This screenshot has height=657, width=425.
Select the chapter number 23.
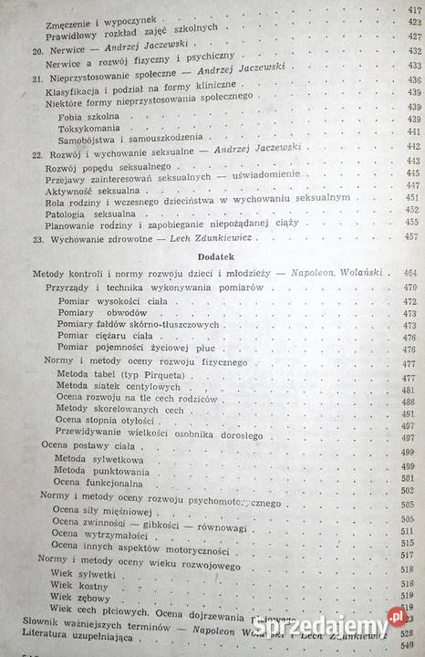tap(37, 235)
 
